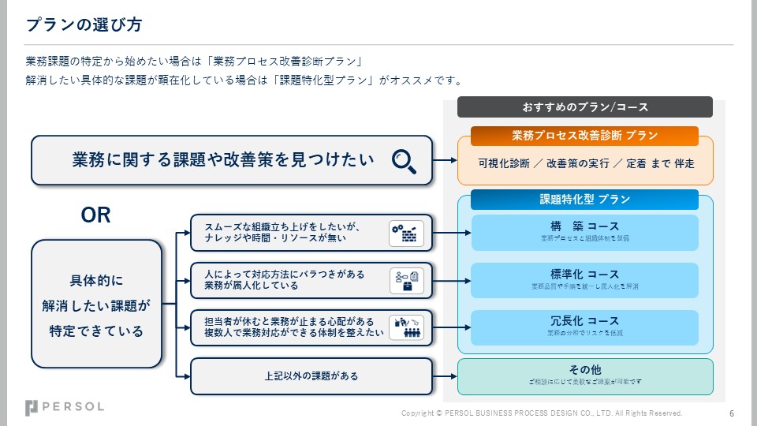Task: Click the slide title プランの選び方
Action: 84,24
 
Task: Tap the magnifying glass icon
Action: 405,160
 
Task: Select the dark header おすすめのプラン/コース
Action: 584,106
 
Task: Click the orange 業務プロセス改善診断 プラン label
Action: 584,136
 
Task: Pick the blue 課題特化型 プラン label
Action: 584,200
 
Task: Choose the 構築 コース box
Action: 584,232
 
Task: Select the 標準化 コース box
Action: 584,279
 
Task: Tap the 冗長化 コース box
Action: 584,327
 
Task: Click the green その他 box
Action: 584,376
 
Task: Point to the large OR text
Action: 96,215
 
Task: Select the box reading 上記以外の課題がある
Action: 311,376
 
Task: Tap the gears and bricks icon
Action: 407,234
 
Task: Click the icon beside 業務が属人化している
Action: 407,280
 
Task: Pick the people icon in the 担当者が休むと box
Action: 407,327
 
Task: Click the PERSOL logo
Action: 64,407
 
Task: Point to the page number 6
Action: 732,413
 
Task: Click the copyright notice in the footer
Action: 542,413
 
